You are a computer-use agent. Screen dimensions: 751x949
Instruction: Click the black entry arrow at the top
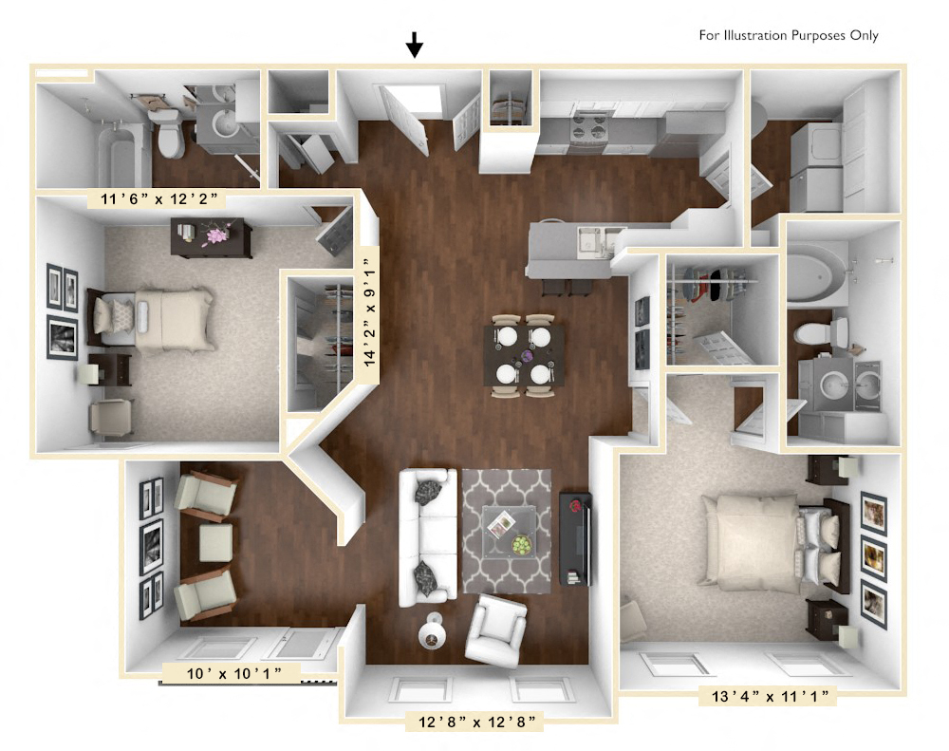(414, 45)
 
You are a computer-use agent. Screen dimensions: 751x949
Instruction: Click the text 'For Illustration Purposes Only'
(789, 36)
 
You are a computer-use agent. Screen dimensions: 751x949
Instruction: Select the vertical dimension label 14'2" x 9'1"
(368, 305)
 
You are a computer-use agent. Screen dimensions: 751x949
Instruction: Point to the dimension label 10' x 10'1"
(231, 673)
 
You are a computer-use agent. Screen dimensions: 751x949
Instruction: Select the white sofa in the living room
(426, 536)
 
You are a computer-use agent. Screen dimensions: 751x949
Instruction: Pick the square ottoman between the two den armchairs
(215, 543)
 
